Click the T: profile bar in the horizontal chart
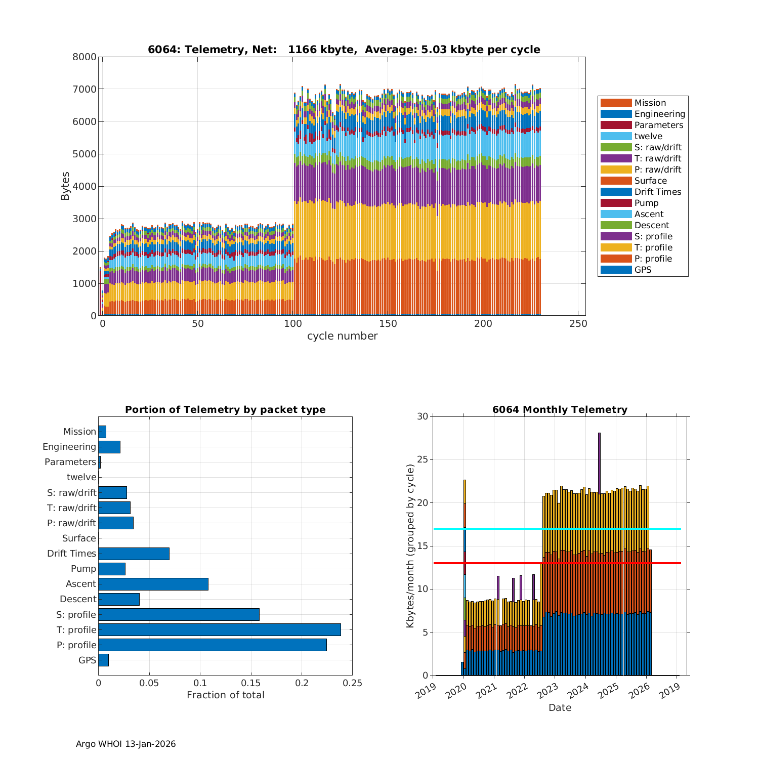[220, 629]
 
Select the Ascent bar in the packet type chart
[153, 584]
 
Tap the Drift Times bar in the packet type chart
[134, 554]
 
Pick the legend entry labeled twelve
[648, 136]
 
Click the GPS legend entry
[643, 270]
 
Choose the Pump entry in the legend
[646, 203]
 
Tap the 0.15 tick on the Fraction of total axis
[251, 683]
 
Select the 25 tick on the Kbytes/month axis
[423, 460]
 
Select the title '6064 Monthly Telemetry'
[560, 409]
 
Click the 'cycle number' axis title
[342, 336]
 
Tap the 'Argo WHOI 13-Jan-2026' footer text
[125, 744]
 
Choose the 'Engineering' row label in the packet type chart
[69, 447]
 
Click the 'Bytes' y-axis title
[65, 186]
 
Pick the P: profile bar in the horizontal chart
[213, 645]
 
